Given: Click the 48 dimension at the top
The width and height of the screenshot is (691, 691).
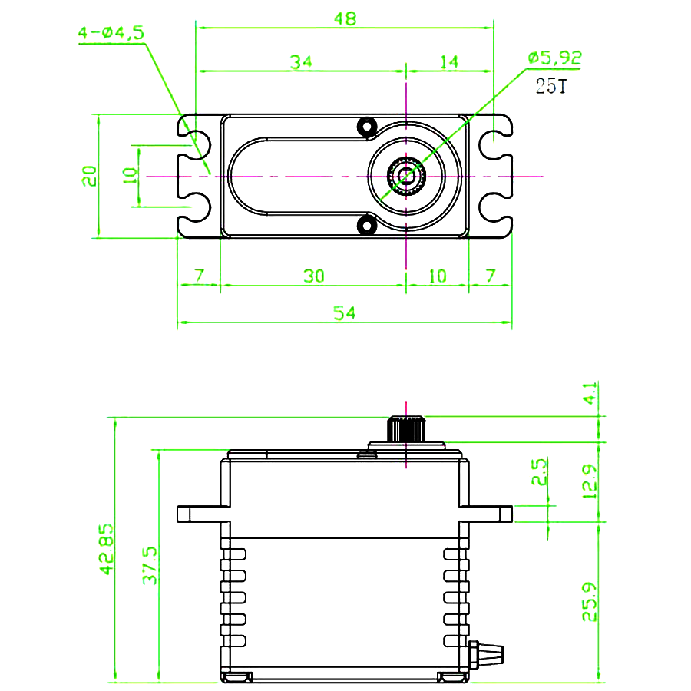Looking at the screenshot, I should [x=345, y=19].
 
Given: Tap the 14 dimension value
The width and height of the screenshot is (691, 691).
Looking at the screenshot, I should [x=449, y=61].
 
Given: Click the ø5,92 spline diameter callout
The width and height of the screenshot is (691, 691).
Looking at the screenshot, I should [x=554, y=57].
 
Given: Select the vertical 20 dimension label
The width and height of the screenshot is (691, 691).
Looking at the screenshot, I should [x=90, y=176].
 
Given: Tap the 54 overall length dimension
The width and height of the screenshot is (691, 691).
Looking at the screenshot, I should [x=345, y=312].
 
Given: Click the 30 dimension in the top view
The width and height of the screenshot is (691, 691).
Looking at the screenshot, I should [x=312, y=276].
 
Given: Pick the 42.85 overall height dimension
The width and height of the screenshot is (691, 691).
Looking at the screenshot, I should [x=106, y=550].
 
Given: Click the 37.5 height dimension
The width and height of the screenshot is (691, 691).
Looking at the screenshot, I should [x=150, y=566].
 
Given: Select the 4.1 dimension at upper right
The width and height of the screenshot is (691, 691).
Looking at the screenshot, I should [x=590, y=395].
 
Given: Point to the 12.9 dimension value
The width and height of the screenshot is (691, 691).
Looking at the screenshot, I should [x=590, y=481].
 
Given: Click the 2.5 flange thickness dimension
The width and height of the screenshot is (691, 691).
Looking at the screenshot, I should [x=540, y=472].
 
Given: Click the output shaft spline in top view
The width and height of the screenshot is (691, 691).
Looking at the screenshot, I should [x=406, y=176].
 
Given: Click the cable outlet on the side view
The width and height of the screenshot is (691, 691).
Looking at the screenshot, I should [x=488, y=653].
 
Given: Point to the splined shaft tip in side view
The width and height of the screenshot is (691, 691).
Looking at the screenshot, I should [x=406, y=428].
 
